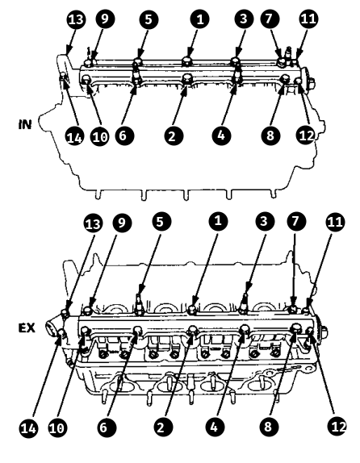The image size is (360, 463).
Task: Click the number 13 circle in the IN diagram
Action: [76, 19]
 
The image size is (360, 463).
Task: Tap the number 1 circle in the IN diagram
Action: [199, 19]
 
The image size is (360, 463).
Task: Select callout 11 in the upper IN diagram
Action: [308, 19]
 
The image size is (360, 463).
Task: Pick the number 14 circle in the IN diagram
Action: [74, 136]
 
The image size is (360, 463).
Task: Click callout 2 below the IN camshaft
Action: [174, 136]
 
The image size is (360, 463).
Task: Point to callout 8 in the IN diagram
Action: [270, 136]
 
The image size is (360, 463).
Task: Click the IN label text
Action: [24, 124]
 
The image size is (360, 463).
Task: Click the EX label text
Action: [27, 327]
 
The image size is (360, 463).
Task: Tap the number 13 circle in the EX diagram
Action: [93, 223]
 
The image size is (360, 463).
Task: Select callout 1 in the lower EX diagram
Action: [218, 221]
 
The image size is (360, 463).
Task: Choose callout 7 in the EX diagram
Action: [296, 221]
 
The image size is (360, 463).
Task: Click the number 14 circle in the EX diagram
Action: [29, 428]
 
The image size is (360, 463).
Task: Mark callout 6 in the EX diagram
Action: [107, 427]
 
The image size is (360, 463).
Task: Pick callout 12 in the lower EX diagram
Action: [337, 427]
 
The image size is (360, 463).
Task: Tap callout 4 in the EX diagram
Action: [215, 427]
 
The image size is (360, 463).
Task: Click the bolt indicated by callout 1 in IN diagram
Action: [187, 61]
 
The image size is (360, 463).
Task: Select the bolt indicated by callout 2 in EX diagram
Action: [192, 330]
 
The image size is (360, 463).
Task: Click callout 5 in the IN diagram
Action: [149, 19]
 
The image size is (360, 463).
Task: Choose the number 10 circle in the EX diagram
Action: [57, 428]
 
